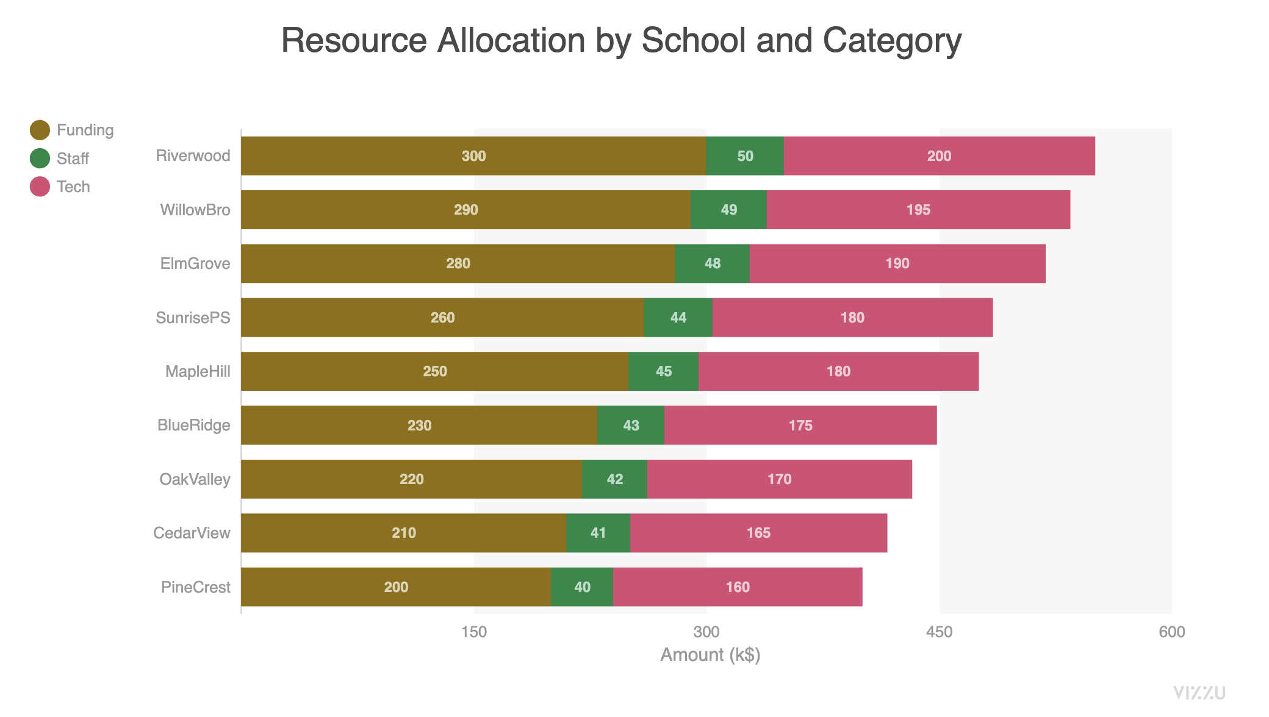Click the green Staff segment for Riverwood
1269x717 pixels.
[745, 156]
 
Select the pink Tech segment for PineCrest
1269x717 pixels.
[738, 587]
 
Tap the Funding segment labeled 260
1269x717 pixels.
[442, 318]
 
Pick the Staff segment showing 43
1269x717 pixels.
[631, 426]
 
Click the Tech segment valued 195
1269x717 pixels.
[918, 210]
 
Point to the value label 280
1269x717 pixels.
[458, 263]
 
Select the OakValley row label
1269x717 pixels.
[195, 479]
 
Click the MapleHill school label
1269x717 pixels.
[198, 371]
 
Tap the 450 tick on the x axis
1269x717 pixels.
[939, 632]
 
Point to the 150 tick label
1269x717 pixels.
[474, 632]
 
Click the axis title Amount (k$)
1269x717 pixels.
[710, 655]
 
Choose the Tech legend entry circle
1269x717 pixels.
[40, 187]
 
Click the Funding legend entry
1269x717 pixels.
[85, 130]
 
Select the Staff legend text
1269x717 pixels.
[73, 159]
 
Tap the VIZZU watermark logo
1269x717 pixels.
[1199, 693]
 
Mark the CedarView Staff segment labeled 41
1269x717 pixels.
[598, 533]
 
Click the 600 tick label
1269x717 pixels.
[1171, 632]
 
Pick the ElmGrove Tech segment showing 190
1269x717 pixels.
[897, 263]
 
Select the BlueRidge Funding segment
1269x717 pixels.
[419, 426]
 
